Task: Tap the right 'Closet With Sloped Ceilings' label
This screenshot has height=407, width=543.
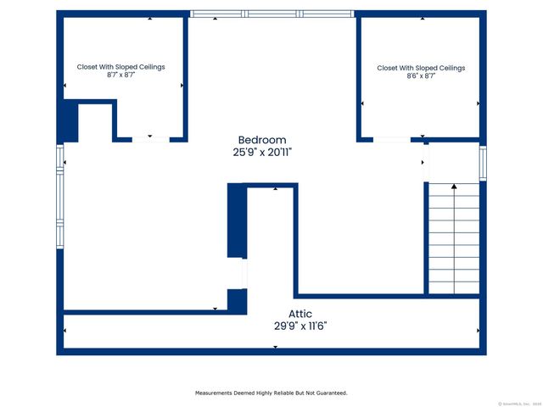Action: tap(421, 68)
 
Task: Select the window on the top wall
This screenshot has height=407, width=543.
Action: tap(271, 14)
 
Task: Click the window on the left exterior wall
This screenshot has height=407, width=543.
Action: tap(59, 195)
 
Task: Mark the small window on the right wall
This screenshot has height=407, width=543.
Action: tap(482, 163)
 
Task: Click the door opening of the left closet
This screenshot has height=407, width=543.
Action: tap(150, 139)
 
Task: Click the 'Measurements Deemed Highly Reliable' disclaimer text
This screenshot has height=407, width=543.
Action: tap(271, 393)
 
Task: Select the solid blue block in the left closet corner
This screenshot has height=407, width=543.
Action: tap(68, 121)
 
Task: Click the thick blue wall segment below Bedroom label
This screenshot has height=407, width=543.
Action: tap(236, 220)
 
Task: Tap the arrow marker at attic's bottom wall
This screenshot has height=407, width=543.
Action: tap(275, 346)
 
